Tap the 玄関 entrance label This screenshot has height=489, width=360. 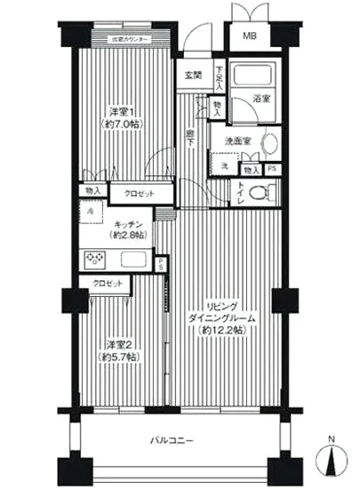click(193, 75)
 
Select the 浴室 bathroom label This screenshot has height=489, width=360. click(260, 101)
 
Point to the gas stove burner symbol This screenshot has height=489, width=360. click(94, 260)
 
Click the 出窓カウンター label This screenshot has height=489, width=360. click(129, 40)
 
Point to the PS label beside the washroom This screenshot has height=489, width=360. click(272, 167)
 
